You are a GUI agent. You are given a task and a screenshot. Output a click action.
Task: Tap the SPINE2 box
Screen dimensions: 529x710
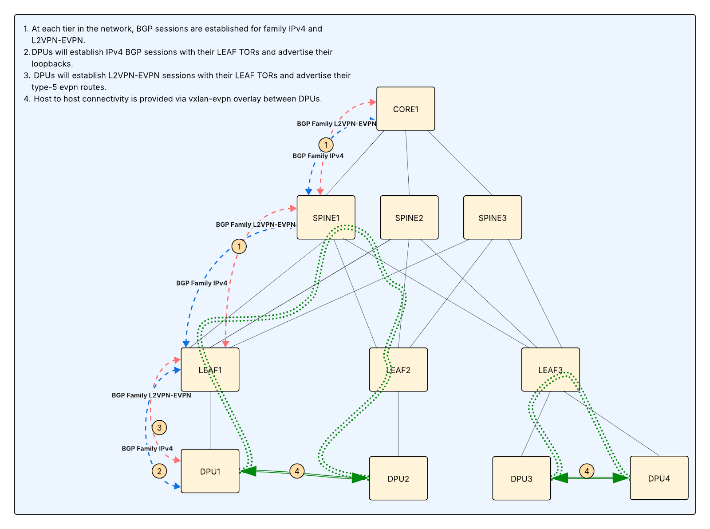[x=409, y=217]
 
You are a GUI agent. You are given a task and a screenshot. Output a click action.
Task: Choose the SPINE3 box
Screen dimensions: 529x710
[x=492, y=217]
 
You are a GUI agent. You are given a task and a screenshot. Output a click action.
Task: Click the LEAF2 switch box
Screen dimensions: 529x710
[x=398, y=370]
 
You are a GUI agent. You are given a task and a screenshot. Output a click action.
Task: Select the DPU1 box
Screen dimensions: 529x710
[x=210, y=471]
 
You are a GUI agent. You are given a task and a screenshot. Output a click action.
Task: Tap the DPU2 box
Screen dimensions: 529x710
[x=398, y=478]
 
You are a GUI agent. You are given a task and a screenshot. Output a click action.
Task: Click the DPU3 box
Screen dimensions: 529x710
[x=521, y=478]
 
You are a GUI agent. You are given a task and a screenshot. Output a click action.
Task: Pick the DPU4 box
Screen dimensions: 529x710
[x=659, y=478]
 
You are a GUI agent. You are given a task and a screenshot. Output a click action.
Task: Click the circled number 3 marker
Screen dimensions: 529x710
[x=159, y=428]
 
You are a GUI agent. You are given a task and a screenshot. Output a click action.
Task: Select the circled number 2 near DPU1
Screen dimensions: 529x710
[x=159, y=471]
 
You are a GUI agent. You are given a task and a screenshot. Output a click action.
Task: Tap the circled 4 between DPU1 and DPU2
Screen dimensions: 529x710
[x=297, y=471]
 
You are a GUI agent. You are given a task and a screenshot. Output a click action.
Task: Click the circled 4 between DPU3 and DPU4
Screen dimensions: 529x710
[x=587, y=471]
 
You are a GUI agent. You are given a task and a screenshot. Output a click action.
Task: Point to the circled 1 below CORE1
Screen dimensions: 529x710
[x=326, y=145]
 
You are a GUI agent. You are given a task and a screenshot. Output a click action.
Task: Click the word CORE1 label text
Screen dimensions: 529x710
[x=406, y=110]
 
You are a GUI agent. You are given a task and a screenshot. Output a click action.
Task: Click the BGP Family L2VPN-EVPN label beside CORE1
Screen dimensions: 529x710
[x=336, y=124]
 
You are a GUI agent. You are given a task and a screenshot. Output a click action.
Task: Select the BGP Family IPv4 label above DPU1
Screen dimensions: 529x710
[x=147, y=449]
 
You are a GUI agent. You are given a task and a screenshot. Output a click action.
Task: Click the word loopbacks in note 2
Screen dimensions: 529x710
[x=51, y=63]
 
